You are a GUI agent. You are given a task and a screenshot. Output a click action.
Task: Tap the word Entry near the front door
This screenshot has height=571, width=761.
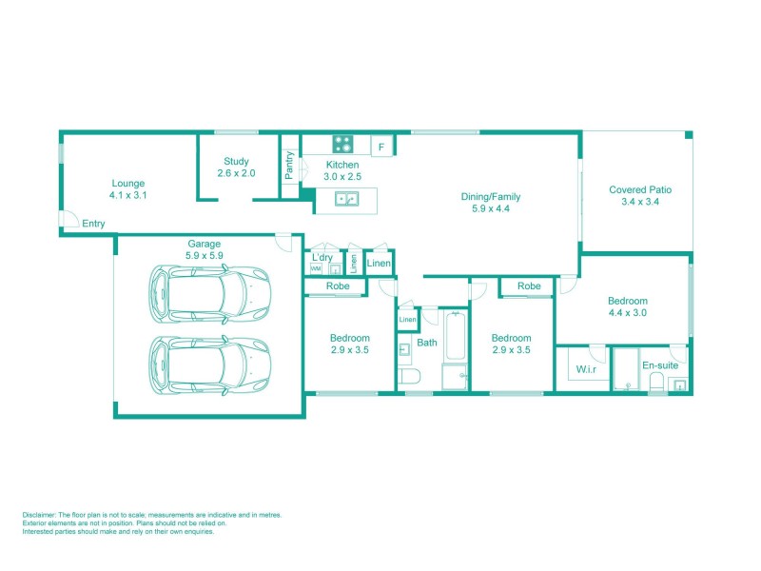point(93,224)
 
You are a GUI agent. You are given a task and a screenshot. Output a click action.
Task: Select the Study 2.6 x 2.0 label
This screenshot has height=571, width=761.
point(236,167)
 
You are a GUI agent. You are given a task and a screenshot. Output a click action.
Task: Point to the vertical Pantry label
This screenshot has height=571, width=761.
point(290,167)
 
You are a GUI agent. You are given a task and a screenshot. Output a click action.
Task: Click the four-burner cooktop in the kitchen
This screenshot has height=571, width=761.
point(342,145)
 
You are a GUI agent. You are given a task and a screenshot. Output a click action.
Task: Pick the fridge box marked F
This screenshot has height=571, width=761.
point(381,147)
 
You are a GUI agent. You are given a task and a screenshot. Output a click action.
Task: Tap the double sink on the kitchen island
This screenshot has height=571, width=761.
point(346,199)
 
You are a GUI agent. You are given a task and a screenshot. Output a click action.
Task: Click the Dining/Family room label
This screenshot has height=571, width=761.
point(491,203)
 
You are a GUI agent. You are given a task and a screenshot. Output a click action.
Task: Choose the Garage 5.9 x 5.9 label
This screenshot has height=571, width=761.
point(205,249)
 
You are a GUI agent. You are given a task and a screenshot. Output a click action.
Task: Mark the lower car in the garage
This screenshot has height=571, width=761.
point(209,364)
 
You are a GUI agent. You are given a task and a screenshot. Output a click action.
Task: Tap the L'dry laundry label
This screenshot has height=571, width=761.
point(322,257)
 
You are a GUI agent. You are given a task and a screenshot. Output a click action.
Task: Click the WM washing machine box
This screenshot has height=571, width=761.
point(316,269)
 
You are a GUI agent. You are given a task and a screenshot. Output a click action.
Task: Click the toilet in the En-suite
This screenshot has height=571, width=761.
point(655,383)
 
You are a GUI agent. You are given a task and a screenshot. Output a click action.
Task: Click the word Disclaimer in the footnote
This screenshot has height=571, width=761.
point(40,515)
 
